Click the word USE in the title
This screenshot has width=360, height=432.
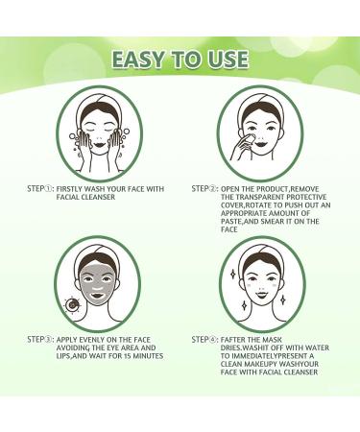pos(231,60)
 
